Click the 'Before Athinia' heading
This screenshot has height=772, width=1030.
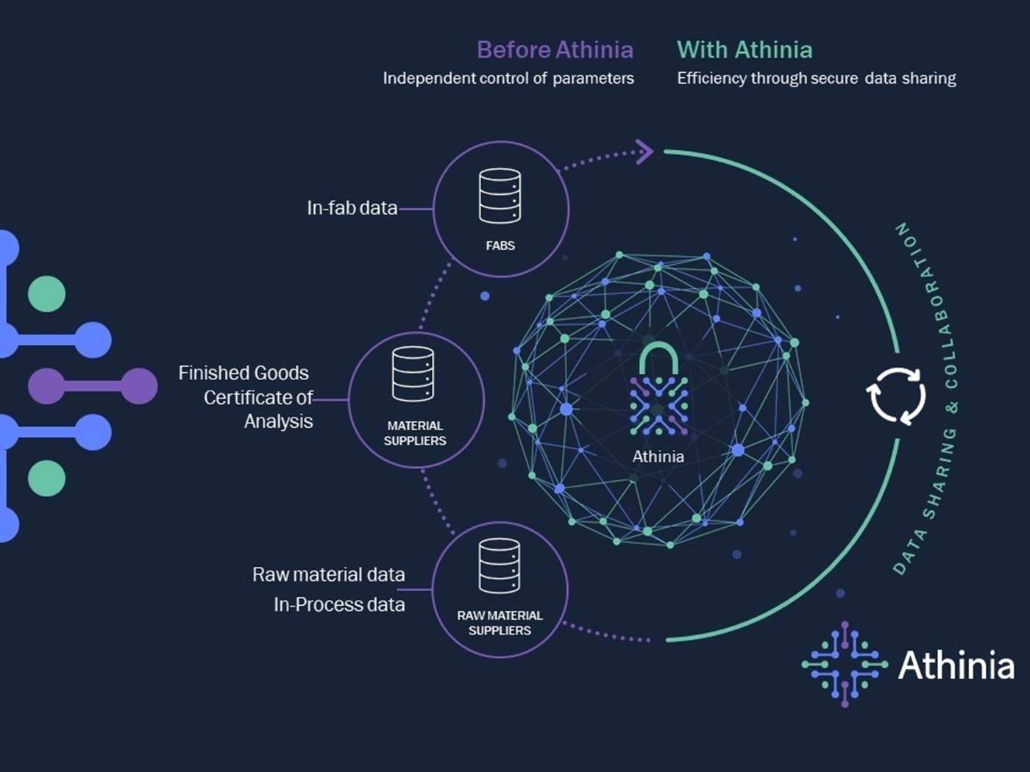(x=555, y=50)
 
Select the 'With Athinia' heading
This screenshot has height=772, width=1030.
(x=745, y=50)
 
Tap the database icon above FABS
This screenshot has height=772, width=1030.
(x=500, y=196)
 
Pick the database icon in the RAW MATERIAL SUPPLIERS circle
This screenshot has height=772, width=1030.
(x=500, y=565)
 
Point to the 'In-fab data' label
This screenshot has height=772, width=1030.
(x=352, y=208)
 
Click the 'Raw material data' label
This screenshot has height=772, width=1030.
(x=328, y=574)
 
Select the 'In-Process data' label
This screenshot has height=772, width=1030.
(x=339, y=604)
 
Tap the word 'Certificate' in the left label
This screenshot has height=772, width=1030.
(x=249, y=398)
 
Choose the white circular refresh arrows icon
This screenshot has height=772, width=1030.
(x=896, y=396)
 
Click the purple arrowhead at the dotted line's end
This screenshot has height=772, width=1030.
(x=644, y=152)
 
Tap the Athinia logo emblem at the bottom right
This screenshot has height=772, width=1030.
(x=845, y=665)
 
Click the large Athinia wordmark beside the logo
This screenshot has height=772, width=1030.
(x=956, y=665)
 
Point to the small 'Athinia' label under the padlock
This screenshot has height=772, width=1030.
(x=658, y=457)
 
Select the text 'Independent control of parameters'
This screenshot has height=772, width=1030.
(x=508, y=79)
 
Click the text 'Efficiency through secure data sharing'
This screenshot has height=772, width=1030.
(x=816, y=79)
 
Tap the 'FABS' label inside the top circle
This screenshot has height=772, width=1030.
(x=500, y=246)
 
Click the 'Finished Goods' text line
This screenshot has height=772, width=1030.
(x=244, y=373)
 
